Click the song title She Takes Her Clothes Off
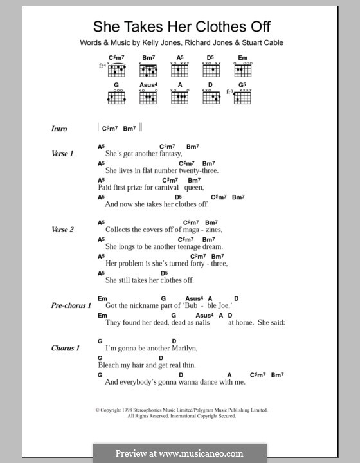coord(183,27)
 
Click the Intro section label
coord(59,129)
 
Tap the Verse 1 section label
coord(63,154)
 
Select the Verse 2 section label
coord(63,230)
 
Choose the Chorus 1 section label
coord(65,348)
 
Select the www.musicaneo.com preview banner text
coord(179,453)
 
